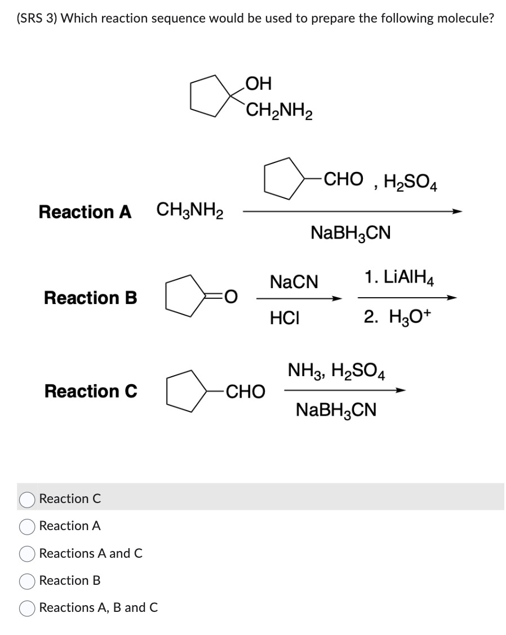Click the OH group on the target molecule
click(x=259, y=83)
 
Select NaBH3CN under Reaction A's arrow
click(x=350, y=232)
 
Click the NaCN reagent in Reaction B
click(x=294, y=281)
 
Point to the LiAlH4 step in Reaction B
click(x=399, y=278)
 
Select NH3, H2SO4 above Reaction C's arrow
click(x=336, y=371)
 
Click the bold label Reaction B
click(x=90, y=297)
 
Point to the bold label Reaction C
click(x=90, y=391)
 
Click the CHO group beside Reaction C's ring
click(x=245, y=391)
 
